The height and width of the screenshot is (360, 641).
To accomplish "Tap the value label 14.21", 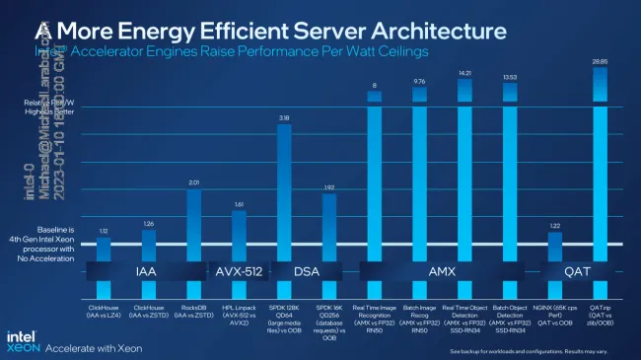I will tap(464, 72).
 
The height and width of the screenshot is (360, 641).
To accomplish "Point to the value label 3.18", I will tap(284, 117).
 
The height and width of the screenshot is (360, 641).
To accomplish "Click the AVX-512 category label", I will tap(237, 267).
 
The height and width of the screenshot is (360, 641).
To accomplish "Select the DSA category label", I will tap(307, 267).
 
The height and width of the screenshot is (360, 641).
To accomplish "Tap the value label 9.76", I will tap(419, 81).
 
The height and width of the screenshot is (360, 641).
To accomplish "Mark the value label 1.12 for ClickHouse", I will tap(103, 231).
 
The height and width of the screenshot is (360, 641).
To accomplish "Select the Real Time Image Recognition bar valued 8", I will tap(375, 178).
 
